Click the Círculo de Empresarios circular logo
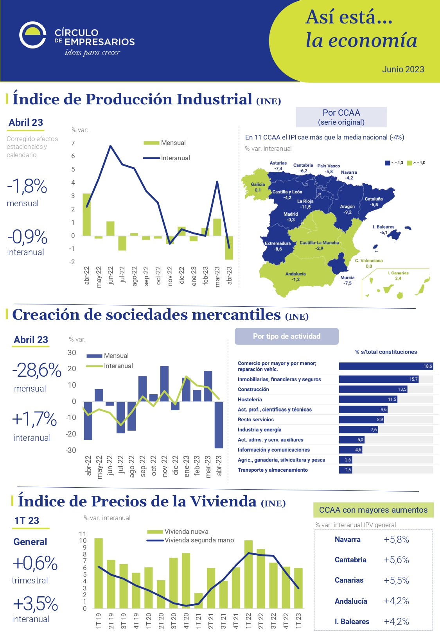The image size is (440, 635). (33, 35)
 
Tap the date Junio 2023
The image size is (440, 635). (403, 69)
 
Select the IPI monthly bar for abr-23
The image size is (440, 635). (229, 247)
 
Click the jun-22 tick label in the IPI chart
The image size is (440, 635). (111, 275)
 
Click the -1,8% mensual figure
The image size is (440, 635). (27, 186)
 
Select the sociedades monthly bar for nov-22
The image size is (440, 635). (165, 384)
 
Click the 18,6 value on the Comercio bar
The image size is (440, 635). (427, 366)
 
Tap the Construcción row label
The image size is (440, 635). (253, 389)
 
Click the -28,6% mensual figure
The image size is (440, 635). (37, 370)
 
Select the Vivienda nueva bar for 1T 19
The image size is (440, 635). (99, 573)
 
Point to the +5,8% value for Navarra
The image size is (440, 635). (396, 540)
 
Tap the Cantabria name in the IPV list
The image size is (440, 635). (350, 560)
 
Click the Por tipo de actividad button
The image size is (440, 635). (287, 336)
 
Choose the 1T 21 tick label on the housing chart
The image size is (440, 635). (199, 621)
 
